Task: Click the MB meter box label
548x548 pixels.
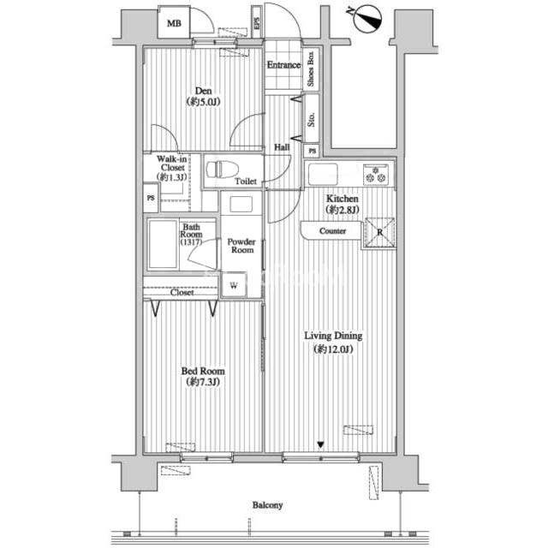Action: [174, 24]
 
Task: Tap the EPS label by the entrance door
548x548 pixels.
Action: [257, 23]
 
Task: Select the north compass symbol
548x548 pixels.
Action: [366, 19]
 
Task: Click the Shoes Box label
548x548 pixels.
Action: [310, 68]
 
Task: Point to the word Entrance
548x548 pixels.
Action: [283, 65]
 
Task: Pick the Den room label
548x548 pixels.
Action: [204, 96]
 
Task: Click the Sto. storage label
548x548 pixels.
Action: [311, 119]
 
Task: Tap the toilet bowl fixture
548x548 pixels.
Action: [222, 170]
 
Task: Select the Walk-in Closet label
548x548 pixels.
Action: [171, 168]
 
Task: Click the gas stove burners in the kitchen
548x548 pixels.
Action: [376, 175]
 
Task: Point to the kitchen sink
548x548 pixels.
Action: [322, 174]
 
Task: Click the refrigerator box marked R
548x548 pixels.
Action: [379, 232]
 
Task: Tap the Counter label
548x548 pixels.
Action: [332, 231]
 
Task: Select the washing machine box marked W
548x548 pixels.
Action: [234, 285]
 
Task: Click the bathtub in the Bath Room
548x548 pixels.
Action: [163, 245]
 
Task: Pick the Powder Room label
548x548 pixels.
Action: [241, 246]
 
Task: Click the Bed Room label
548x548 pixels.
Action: [203, 377]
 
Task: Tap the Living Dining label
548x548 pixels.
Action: [333, 342]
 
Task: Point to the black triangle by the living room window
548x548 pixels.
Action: [320, 445]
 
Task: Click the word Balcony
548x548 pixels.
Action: [267, 505]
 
